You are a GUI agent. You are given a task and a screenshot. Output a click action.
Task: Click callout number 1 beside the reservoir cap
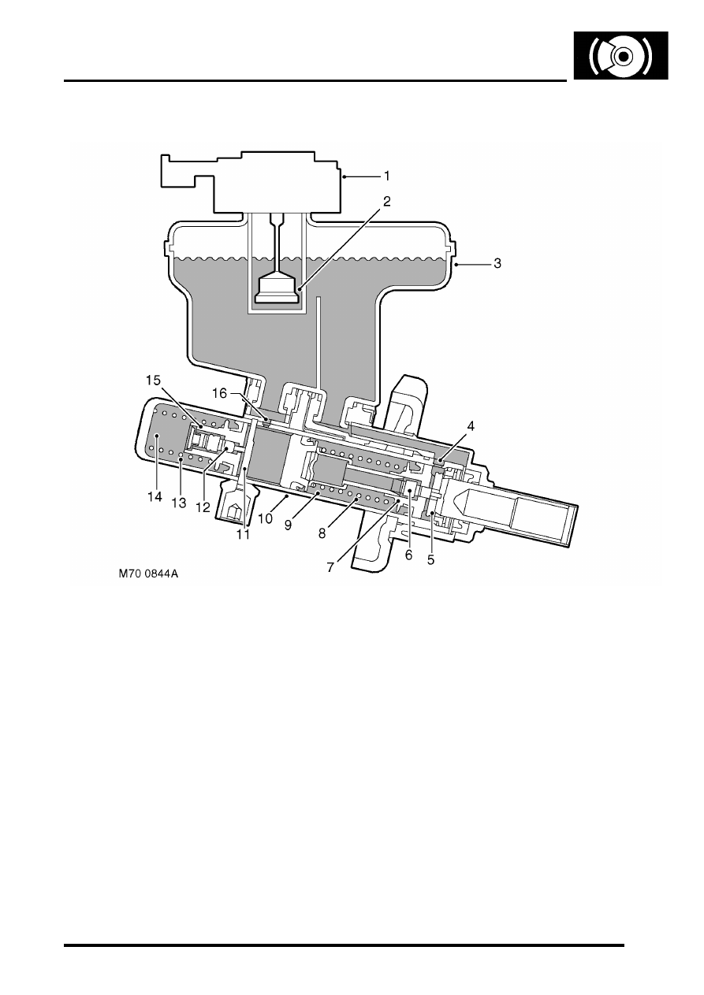386,176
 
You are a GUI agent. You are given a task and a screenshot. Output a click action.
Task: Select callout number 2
386,202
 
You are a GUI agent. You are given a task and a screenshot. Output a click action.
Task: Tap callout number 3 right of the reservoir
497,264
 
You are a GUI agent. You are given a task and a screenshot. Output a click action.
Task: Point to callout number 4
471,426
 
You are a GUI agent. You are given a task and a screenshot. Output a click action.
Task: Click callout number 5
430,560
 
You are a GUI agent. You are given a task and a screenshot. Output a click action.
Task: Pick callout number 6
408,555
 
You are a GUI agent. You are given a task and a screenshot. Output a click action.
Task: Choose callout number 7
330,568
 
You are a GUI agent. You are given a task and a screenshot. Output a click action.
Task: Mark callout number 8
322,533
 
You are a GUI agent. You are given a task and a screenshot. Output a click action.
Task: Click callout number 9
288,525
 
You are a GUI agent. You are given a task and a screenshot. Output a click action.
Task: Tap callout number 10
266,518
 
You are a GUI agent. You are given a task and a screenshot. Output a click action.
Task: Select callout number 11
243,535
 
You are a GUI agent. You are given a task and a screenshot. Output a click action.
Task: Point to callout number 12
203,507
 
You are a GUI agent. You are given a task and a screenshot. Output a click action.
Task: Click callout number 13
179,503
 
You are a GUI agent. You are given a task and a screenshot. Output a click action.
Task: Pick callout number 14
155,497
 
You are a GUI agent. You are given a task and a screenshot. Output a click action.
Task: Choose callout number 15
153,381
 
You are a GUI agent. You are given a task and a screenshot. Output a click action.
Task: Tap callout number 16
219,394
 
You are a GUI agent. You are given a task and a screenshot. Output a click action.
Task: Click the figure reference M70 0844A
148,574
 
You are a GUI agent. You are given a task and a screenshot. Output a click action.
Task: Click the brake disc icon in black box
620,56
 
